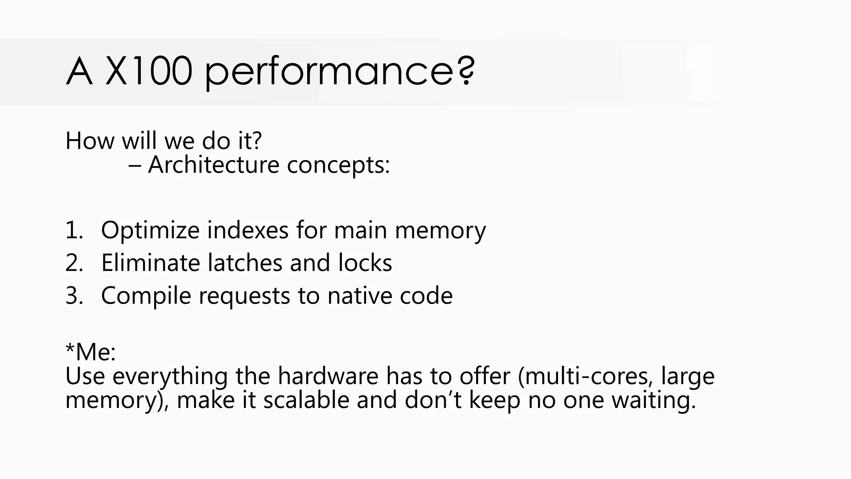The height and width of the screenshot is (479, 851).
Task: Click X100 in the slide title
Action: tap(149, 72)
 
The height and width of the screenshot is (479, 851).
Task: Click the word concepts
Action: tap(338, 165)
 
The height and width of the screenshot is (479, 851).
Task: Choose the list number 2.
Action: tap(74, 263)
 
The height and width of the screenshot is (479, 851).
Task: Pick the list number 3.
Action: tap(74, 296)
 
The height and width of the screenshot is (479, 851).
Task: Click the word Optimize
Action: tap(150, 230)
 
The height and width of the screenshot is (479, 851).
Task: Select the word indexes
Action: tap(248, 230)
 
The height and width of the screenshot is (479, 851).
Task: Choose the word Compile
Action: tap(146, 296)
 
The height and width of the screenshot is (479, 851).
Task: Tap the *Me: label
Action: tap(91, 352)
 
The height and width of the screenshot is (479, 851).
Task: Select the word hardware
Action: tap(328, 376)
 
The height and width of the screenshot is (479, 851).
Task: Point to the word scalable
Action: tap(306, 400)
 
